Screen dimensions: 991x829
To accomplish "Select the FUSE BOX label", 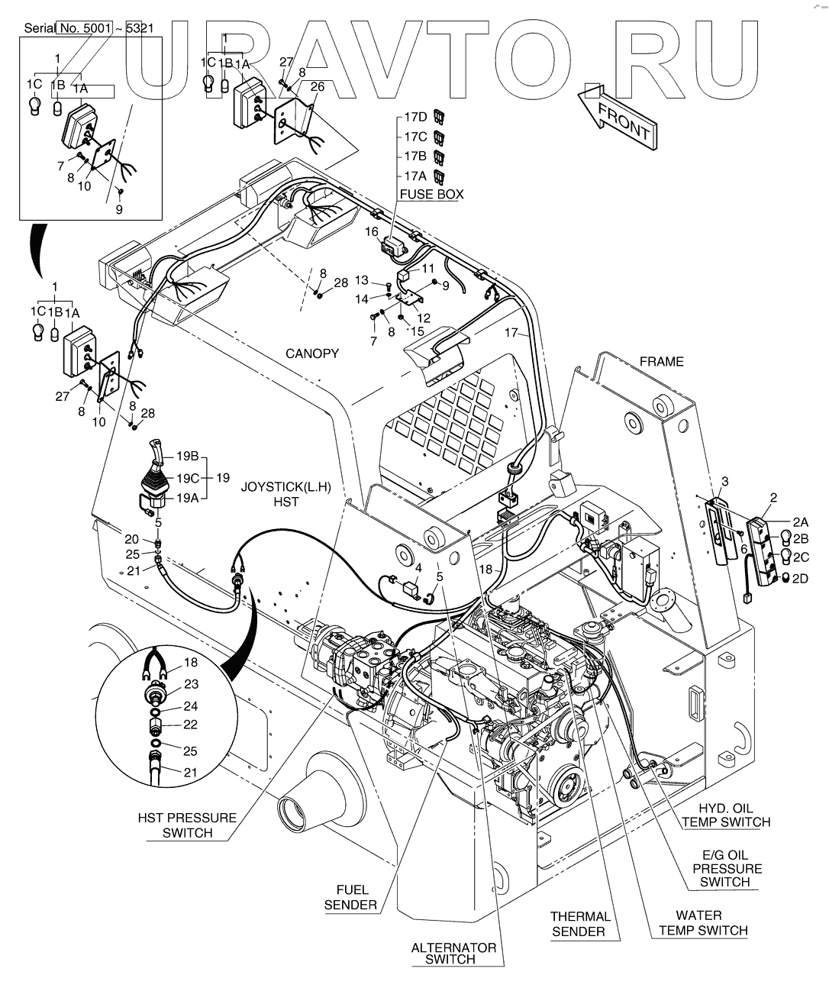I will (432, 195).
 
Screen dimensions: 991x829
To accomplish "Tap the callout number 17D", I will (415, 118).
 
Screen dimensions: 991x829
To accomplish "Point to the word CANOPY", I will (312, 353).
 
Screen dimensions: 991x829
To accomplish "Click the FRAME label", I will (662, 361).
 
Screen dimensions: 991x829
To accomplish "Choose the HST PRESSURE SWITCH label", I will (187, 825).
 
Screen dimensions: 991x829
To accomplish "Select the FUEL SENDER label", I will (351, 897).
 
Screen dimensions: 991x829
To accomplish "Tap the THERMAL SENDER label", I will (581, 924).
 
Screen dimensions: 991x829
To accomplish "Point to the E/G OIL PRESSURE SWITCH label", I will (725, 868).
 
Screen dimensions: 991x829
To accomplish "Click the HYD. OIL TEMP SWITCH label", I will (726, 815).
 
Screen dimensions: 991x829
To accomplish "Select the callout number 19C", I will (188, 478).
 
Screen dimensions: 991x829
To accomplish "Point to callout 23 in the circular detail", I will (191, 685).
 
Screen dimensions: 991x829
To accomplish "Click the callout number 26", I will (317, 87).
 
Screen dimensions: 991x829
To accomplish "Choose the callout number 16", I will (371, 230).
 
